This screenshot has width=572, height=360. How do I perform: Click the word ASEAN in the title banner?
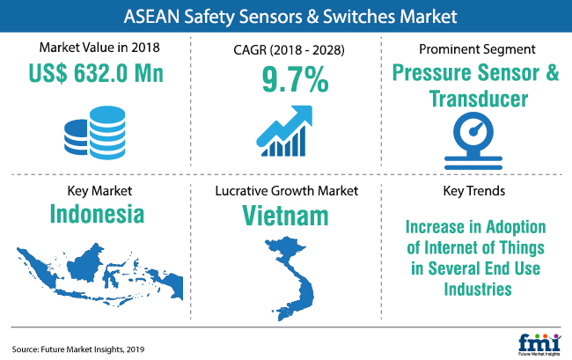point(151,17)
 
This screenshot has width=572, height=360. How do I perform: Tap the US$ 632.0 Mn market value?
point(96,73)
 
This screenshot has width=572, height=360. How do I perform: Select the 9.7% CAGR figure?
point(295,79)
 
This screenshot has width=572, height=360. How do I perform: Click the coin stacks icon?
point(95,133)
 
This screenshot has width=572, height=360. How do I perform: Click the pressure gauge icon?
point(473,141)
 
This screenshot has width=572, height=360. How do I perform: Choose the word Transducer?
point(479,99)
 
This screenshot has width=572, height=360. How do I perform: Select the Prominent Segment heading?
point(477,49)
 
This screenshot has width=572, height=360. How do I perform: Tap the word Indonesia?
point(97,214)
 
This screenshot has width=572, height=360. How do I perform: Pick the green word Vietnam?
point(285,216)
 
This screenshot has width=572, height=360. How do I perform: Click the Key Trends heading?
point(473,190)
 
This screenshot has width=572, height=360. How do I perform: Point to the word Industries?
point(478,290)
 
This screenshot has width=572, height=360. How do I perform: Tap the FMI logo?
point(539,344)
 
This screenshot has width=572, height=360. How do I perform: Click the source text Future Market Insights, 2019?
point(92,349)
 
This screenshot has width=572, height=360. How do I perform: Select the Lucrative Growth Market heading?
point(286,190)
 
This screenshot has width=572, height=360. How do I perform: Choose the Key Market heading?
point(99,191)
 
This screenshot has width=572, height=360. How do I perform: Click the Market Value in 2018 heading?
point(99,48)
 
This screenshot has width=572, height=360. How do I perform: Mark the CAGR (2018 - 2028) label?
point(289,49)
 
